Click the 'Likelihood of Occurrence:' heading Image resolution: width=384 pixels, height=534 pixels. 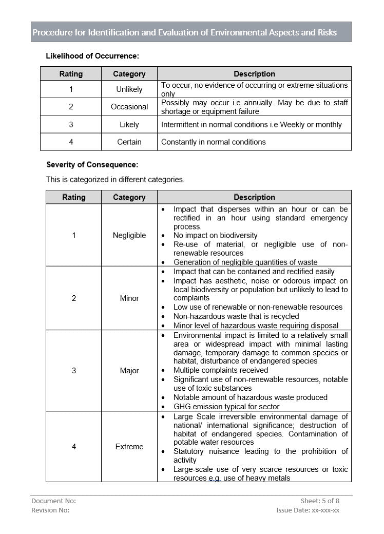(92, 56)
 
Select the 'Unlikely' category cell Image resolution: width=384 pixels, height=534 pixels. (129, 89)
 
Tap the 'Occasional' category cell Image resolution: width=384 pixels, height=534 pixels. (129, 107)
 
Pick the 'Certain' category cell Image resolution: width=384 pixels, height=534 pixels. (129, 142)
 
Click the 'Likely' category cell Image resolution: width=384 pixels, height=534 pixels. (129, 124)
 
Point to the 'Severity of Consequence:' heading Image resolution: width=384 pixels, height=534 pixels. (92, 165)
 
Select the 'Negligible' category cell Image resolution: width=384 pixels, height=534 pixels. (129, 235)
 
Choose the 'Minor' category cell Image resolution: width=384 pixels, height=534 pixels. (129, 298)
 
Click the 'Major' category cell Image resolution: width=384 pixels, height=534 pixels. (129, 370)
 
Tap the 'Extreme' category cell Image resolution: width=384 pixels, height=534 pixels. (129, 447)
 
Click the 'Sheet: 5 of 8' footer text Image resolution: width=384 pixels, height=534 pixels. (320, 501)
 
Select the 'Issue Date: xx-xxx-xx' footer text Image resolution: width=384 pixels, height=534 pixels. (308, 510)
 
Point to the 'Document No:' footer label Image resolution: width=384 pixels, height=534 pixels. (53, 501)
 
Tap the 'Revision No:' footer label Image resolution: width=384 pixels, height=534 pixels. (50, 510)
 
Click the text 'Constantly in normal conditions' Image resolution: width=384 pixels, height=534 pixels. (214, 142)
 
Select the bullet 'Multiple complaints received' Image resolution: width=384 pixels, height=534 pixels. (221, 370)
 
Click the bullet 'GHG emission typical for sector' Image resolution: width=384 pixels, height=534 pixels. (226, 407)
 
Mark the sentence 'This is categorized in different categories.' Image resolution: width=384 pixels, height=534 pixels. (115, 180)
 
